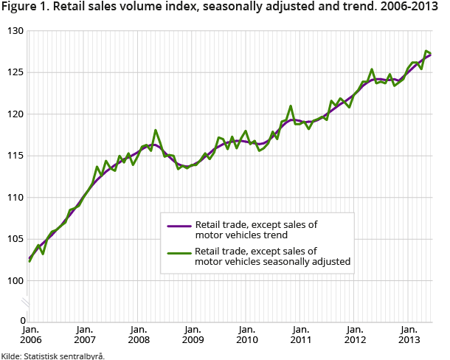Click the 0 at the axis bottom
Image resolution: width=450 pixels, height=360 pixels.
click(x=21, y=321)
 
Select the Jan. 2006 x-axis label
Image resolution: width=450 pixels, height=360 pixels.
click(x=30, y=335)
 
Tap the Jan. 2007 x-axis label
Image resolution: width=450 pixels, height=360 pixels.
click(x=84, y=335)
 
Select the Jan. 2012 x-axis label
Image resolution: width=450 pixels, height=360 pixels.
click(x=354, y=335)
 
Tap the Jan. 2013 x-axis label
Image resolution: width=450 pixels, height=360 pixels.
click(x=408, y=335)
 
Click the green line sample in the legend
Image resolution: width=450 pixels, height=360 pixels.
click(x=179, y=255)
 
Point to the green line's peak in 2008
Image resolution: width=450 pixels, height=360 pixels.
click(x=156, y=131)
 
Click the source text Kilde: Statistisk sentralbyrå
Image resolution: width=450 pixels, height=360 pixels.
click(x=52, y=355)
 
